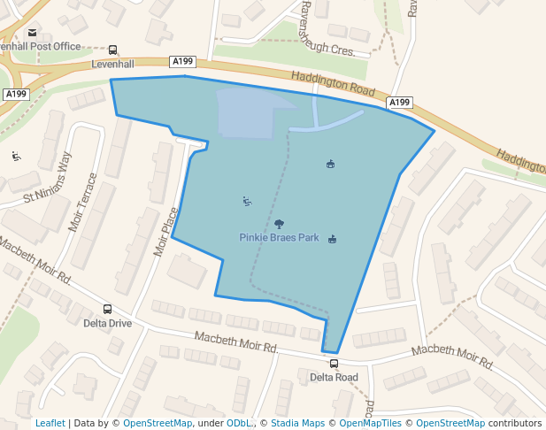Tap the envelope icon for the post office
[x=33, y=33]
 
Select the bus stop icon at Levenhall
[x=112, y=50]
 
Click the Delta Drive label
[x=107, y=323]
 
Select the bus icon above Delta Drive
[x=107, y=310]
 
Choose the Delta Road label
[x=334, y=377]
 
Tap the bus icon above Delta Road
[x=334, y=364]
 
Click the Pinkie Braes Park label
[x=279, y=237]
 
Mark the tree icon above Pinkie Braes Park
[x=279, y=224]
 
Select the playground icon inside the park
[x=247, y=202]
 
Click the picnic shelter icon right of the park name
[x=333, y=239]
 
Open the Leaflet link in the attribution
[x=50, y=423]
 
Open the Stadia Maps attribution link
[x=297, y=423]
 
